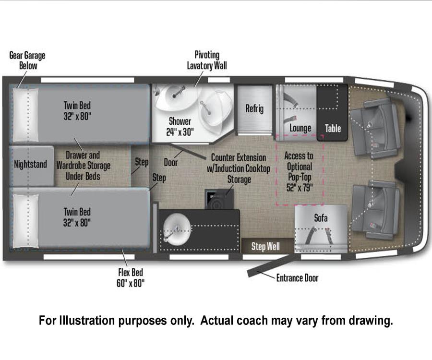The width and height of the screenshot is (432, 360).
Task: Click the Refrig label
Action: click(254, 108)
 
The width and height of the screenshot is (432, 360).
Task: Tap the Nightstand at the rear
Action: click(31, 166)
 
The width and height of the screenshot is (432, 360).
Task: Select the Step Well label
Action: click(265, 246)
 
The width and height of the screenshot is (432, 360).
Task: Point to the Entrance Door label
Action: click(297, 278)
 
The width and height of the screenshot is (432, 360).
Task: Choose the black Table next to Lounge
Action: click(332, 113)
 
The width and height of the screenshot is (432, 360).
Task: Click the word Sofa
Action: click(321, 218)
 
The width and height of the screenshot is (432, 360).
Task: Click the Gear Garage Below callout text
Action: click(27, 60)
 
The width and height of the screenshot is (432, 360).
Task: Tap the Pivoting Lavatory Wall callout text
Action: click(207, 60)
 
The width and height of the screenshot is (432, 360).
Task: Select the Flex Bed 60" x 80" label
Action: click(130, 277)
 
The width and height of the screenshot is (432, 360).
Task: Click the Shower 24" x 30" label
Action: click(180, 126)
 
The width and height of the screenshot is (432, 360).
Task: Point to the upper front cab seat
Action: click(375, 127)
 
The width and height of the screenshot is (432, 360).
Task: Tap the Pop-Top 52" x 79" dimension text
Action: click(300, 182)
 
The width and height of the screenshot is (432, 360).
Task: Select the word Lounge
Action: click(300, 128)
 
